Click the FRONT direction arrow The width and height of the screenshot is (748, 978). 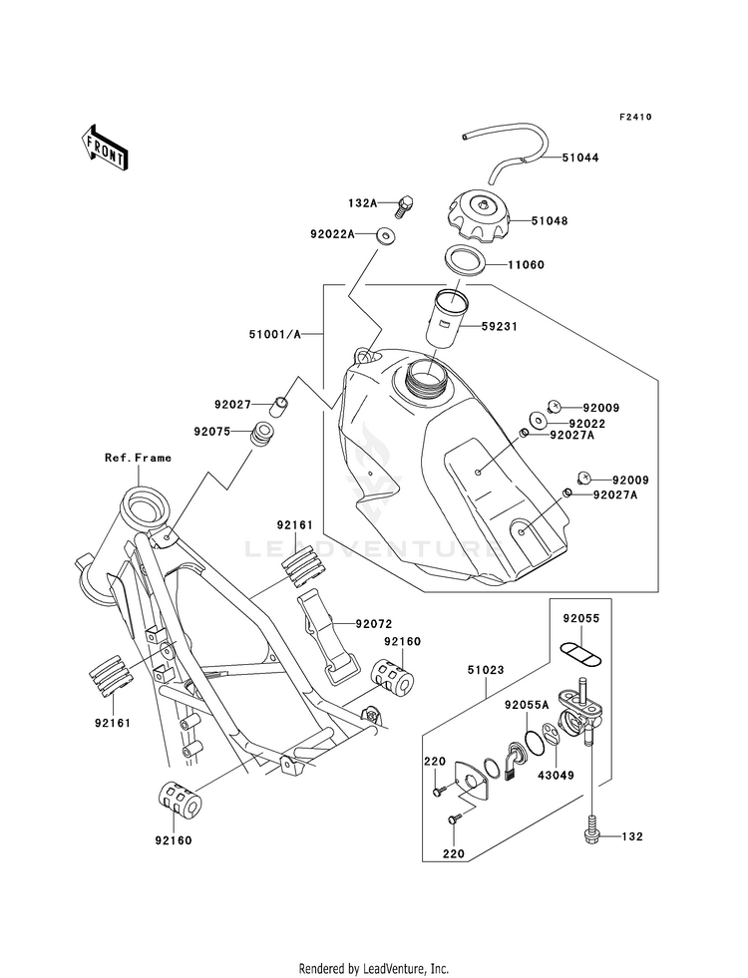104,148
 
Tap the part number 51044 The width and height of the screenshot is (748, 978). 580,158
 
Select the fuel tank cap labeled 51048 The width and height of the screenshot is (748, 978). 479,219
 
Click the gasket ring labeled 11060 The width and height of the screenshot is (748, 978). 466,259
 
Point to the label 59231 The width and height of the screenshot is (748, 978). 499,326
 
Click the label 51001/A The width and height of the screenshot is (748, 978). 275,334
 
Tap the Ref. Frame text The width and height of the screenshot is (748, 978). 138,458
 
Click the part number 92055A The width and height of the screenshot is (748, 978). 527,706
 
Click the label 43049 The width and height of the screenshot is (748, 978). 556,776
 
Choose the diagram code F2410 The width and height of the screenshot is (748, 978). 635,117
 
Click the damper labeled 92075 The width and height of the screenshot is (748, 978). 262,434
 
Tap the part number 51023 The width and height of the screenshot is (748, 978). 486,670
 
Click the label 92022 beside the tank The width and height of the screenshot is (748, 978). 587,424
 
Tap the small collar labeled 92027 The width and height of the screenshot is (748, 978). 279,406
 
